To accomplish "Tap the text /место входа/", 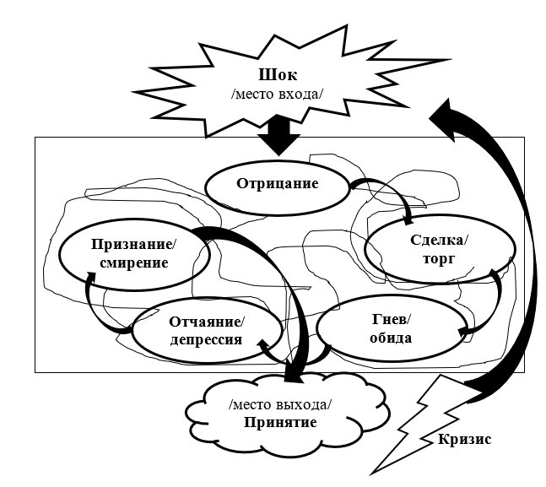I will click(x=278, y=92).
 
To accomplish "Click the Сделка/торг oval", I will click(x=439, y=251).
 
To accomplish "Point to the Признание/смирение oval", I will click(x=130, y=254).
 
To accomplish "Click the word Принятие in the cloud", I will click(x=282, y=421).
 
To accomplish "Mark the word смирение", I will click(x=130, y=263).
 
